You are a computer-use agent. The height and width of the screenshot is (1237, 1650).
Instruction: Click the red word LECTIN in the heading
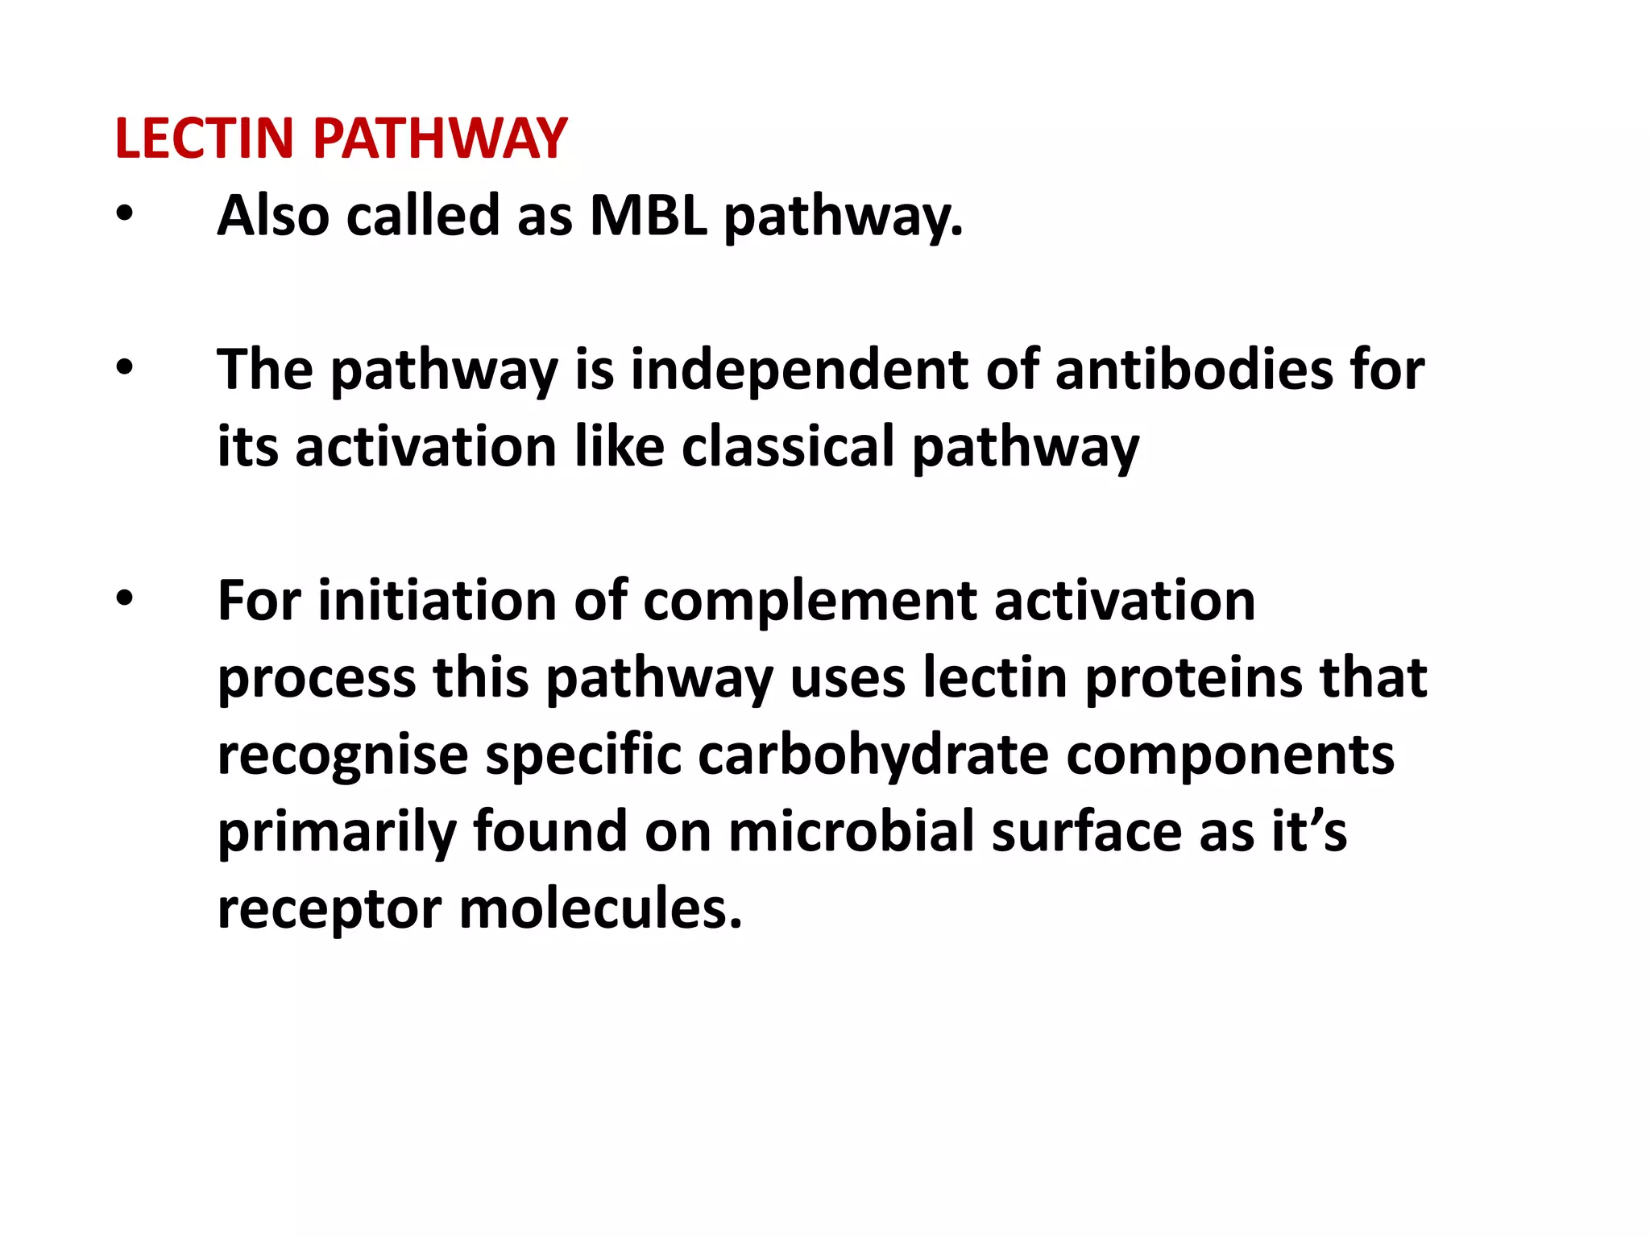point(204,139)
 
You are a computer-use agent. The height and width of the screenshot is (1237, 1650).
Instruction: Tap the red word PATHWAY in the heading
point(440,139)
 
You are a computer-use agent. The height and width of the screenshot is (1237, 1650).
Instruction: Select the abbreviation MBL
point(648,216)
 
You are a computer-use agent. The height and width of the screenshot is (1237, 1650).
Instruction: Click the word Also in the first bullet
point(273,216)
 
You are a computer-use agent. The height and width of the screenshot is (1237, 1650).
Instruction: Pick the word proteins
point(1192,677)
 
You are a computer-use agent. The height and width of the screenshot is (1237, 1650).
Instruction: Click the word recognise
point(342,755)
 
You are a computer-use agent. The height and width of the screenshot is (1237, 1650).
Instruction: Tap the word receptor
point(330,908)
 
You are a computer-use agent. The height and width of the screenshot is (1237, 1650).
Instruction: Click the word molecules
point(600,908)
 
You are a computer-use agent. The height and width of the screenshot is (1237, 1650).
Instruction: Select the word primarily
point(336,831)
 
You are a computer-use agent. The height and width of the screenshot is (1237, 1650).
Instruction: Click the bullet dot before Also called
point(124,215)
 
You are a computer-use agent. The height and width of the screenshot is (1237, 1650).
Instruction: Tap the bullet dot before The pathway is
point(124,369)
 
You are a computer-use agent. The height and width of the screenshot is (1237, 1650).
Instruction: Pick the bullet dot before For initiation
point(124,600)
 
